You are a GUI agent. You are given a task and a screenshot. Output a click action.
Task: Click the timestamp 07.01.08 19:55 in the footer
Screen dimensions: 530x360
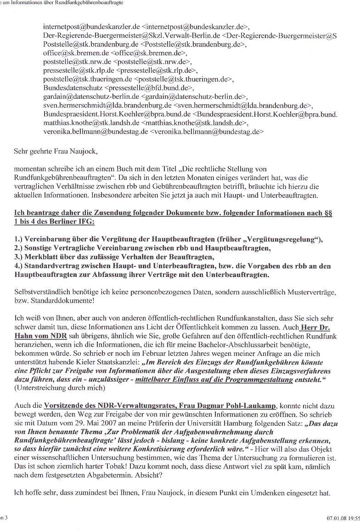[340, 518]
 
